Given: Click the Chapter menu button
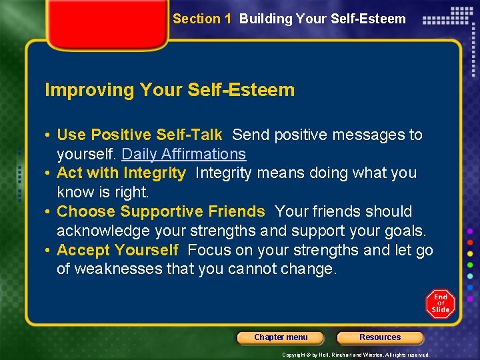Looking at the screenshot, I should pos(281,337).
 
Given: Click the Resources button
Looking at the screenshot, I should pos(380,337).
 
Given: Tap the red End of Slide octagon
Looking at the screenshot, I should pos(440,303).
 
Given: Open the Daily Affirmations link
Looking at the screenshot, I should pos(184,154).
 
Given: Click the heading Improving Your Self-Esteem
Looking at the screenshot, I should pos(169,90).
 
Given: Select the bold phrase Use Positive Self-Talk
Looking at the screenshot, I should pos(139,135).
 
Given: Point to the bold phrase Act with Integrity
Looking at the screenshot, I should pos(121,173).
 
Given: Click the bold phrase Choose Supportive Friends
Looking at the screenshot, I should pos(161,212).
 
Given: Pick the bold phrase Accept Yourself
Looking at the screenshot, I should pos(117,251).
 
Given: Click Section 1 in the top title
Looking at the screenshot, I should pos(202,19).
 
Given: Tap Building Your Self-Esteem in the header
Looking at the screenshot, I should pos(322,19).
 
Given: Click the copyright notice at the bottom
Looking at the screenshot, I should pos(356,355).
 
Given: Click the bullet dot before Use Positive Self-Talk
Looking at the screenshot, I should pos(49,135).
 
